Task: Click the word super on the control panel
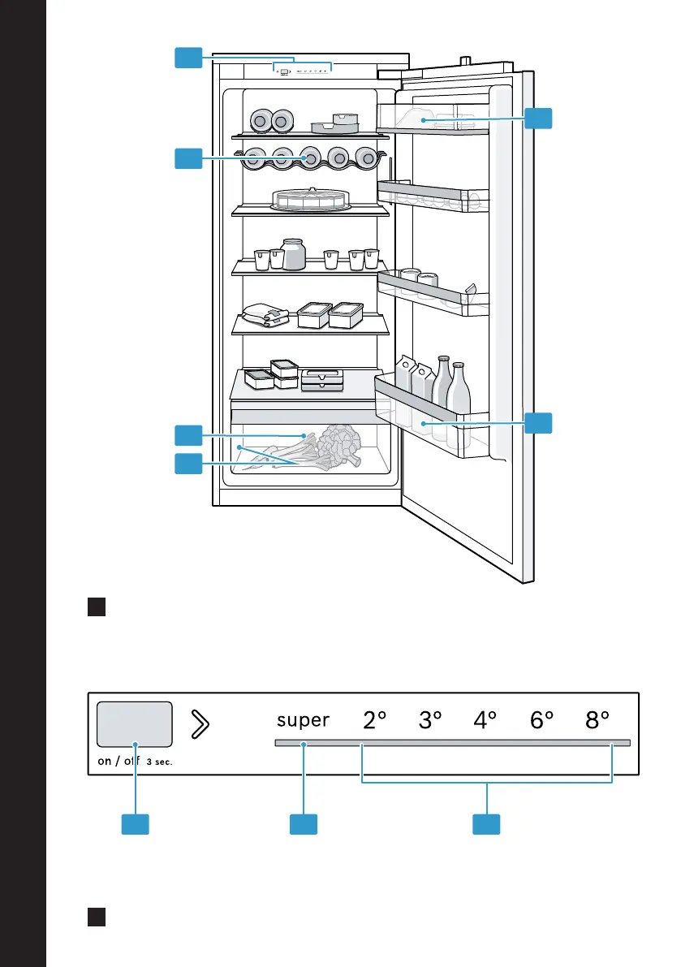click(304, 721)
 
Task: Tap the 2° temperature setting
click(374, 719)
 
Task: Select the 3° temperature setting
click(430, 719)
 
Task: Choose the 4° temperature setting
click(485, 719)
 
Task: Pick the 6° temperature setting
click(541, 719)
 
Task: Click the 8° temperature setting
click(597, 719)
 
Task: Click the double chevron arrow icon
click(200, 724)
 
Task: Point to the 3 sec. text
click(159, 762)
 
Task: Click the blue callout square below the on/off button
click(135, 825)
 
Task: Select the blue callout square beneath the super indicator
click(304, 825)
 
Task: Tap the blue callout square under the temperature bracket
click(486, 825)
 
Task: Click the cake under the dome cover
click(311, 199)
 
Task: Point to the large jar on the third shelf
click(293, 254)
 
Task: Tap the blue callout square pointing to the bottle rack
click(188, 158)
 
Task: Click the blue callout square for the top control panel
click(188, 58)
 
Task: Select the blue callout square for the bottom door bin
click(538, 423)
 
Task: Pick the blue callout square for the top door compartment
click(538, 119)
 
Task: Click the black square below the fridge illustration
click(97, 607)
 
